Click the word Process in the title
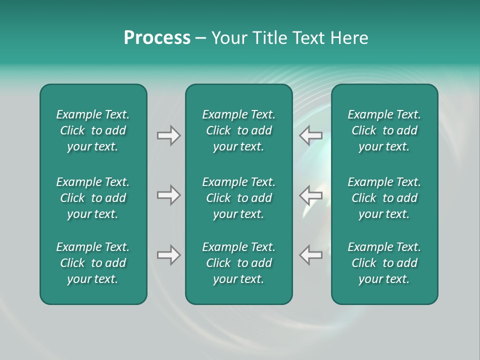157,38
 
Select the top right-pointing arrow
168,135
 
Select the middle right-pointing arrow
168,195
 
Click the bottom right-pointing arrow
168,255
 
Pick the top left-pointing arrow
311,135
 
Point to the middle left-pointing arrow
311,195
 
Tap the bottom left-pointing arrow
311,255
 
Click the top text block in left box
93,130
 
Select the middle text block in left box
93,198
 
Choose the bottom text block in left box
93,263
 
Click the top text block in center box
239,130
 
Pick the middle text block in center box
239,198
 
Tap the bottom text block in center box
239,263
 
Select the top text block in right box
384,130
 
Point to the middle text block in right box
384,198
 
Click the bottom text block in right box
384,263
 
